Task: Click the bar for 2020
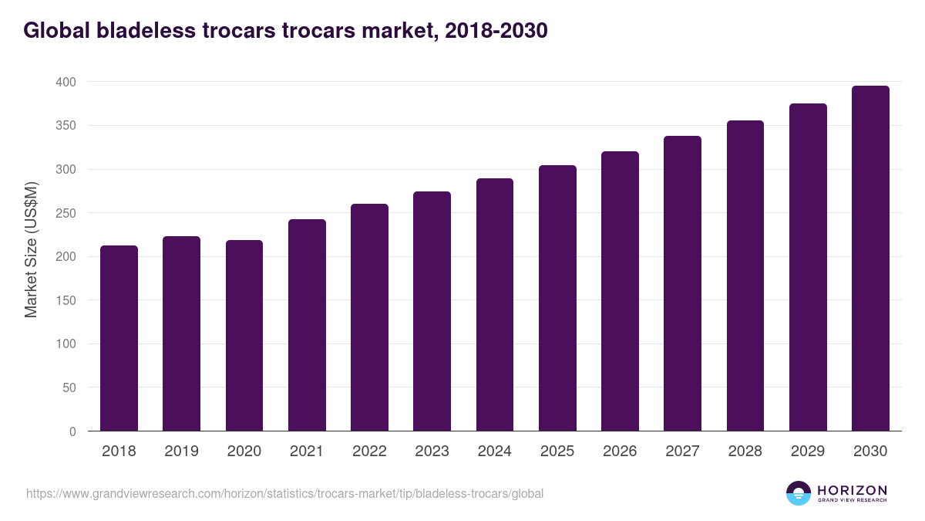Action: (244, 336)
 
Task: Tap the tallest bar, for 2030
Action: (870, 259)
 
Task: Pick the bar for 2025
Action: (557, 298)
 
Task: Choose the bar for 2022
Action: (369, 317)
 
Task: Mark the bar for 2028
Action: (745, 276)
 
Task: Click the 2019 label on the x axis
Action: (181, 452)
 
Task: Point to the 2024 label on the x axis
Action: (494, 452)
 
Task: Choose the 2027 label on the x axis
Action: (682, 452)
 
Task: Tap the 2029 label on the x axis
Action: (808, 452)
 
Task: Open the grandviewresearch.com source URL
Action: (284, 493)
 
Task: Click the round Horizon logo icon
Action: (799, 493)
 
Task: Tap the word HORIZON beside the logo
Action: (852, 490)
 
